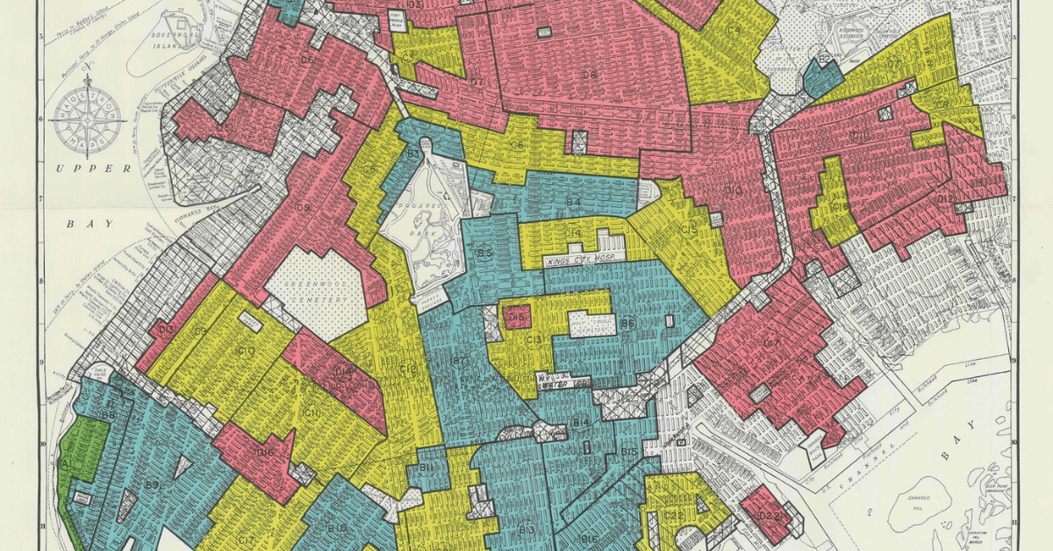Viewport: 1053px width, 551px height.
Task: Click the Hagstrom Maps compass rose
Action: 87,118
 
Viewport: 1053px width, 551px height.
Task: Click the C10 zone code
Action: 246,352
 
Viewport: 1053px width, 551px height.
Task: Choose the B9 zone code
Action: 152,485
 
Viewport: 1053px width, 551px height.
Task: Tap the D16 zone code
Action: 265,452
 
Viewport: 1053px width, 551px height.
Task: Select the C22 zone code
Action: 675,514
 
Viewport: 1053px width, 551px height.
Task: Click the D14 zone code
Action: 343,371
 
